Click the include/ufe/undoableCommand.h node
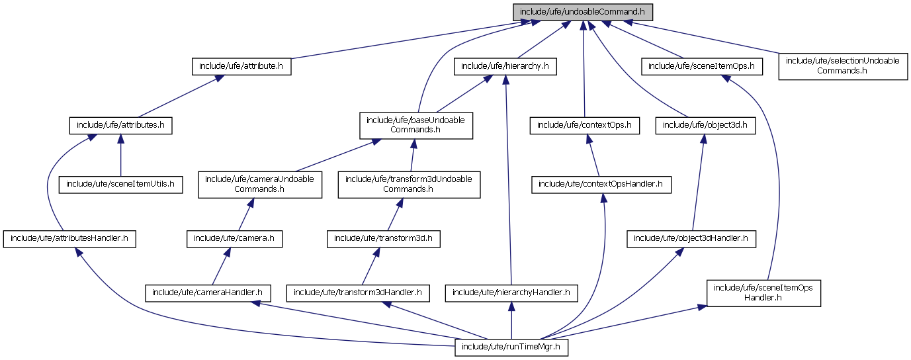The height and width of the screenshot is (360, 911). [x=583, y=12]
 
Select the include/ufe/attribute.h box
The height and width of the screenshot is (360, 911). [x=241, y=66]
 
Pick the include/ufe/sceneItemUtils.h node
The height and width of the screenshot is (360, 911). [x=120, y=185]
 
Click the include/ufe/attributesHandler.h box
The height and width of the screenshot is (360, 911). [x=69, y=238]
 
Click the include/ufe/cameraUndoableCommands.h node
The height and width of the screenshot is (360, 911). [x=260, y=185]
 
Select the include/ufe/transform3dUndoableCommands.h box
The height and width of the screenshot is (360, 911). [x=408, y=185]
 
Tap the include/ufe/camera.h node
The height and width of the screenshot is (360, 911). [x=235, y=238]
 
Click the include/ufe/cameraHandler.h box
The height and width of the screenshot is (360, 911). [x=208, y=292]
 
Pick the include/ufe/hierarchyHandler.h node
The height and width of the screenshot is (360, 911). [x=511, y=292]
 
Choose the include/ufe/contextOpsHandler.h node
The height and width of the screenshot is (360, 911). [x=601, y=185]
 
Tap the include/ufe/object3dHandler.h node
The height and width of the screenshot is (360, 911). [x=691, y=238]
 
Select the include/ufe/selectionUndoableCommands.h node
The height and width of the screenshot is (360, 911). [x=842, y=66]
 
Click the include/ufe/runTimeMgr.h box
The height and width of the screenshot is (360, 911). [x=511, y=347]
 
